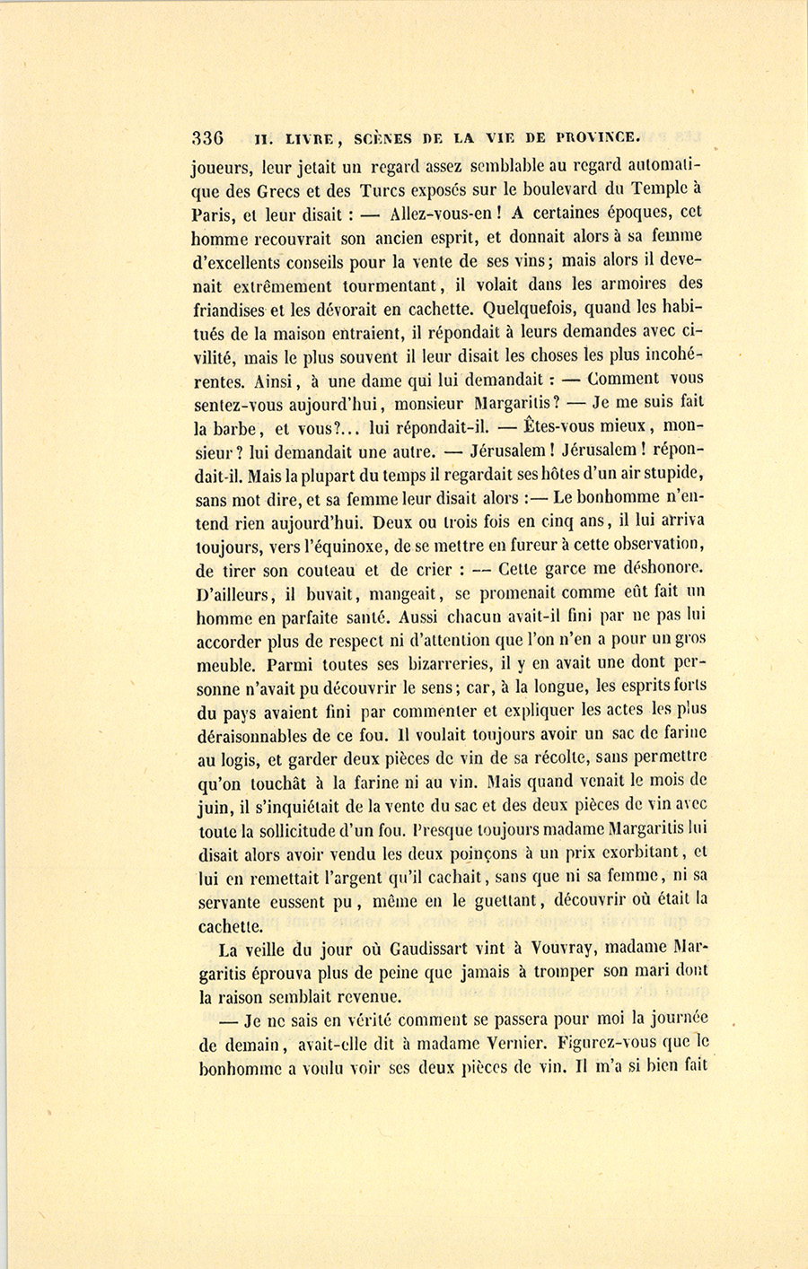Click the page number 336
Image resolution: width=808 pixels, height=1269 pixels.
pos(207,138)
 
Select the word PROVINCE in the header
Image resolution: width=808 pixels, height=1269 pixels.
pos(597,137)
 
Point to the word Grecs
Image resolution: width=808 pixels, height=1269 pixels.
pos(282,190)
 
